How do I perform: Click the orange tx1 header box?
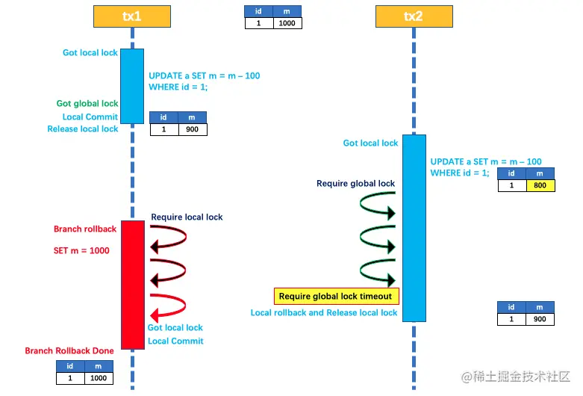point(132,16)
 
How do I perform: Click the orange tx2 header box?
point(414,16)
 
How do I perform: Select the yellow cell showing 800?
point(540,185)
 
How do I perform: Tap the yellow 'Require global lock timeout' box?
point(337,297)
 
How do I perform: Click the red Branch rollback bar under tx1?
point(132,284)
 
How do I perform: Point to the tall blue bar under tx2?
point(414,228)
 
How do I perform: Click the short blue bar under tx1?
point(132,86)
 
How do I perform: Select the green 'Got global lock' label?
point(87,104)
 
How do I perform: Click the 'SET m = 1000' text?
point(81,250)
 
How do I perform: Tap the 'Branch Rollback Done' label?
point(69,350)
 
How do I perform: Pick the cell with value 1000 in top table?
point(287,23)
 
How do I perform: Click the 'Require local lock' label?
point(187,217)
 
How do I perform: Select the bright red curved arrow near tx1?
point(168,306)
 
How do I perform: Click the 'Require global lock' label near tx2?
point(355,183)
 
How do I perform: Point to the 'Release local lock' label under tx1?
point(83,129)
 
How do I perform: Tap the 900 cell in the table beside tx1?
point(192,129)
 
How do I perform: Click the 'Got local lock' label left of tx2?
point(370,143)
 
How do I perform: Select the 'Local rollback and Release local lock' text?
point(324,313)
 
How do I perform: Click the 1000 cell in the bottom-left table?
point(99,378)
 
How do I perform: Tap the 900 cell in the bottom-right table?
point(540,319)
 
